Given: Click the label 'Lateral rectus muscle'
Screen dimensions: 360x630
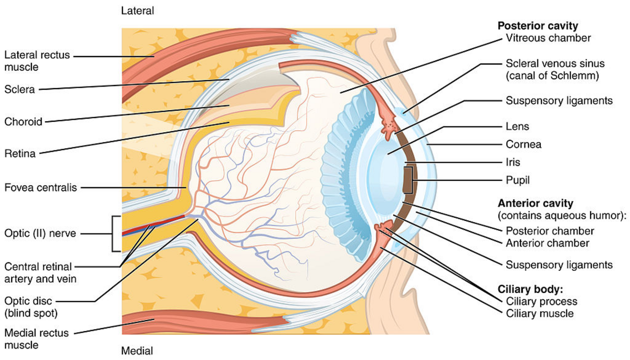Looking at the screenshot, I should click(36, 61).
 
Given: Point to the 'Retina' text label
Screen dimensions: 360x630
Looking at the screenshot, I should click(19, 154).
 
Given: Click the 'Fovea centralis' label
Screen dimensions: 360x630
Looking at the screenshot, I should click(40, 187).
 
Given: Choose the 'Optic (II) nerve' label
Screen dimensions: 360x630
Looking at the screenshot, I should click(40, 234).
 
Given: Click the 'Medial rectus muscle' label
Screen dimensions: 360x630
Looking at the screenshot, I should click(36, 339).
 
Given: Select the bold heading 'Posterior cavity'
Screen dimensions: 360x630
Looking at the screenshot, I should click(538, 26).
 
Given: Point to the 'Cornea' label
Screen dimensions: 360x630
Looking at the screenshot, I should click(523, 144).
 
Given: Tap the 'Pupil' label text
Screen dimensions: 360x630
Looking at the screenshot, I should click(518, 180).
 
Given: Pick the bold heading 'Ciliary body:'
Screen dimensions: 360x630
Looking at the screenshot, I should click(527, 290).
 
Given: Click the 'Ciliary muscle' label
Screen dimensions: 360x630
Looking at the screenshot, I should click(540, 314).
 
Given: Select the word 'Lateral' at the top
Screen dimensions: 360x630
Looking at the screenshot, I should click(138, 10).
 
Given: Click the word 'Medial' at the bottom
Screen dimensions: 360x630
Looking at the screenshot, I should click(137, 351).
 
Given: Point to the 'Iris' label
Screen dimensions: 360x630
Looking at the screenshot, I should click(513, 162).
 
